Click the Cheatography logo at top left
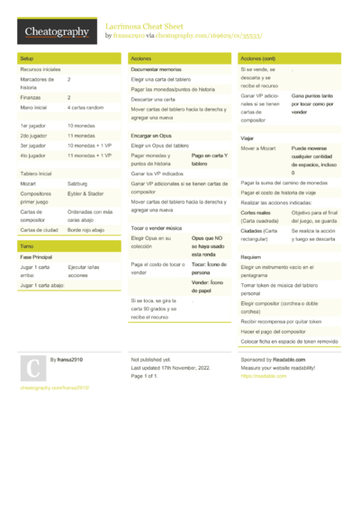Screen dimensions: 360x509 coord(56,32)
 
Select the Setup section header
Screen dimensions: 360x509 coord(27,57)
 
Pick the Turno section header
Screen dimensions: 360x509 coord(27,246)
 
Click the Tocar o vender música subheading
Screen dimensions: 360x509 coord(157,230)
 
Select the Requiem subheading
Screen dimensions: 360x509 coord(250,256)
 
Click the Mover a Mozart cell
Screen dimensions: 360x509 coord(256,146)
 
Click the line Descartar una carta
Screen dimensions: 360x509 coord(153,99)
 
